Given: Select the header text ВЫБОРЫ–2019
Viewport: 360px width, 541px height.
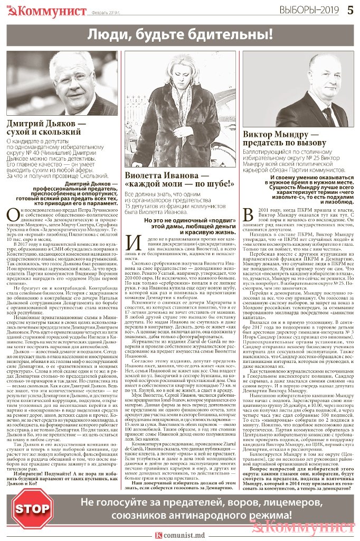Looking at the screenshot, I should pyautogui.click(x=311, y=10).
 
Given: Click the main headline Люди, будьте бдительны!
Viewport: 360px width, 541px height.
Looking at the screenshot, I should pyautogui.click(x=180, y=36).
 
